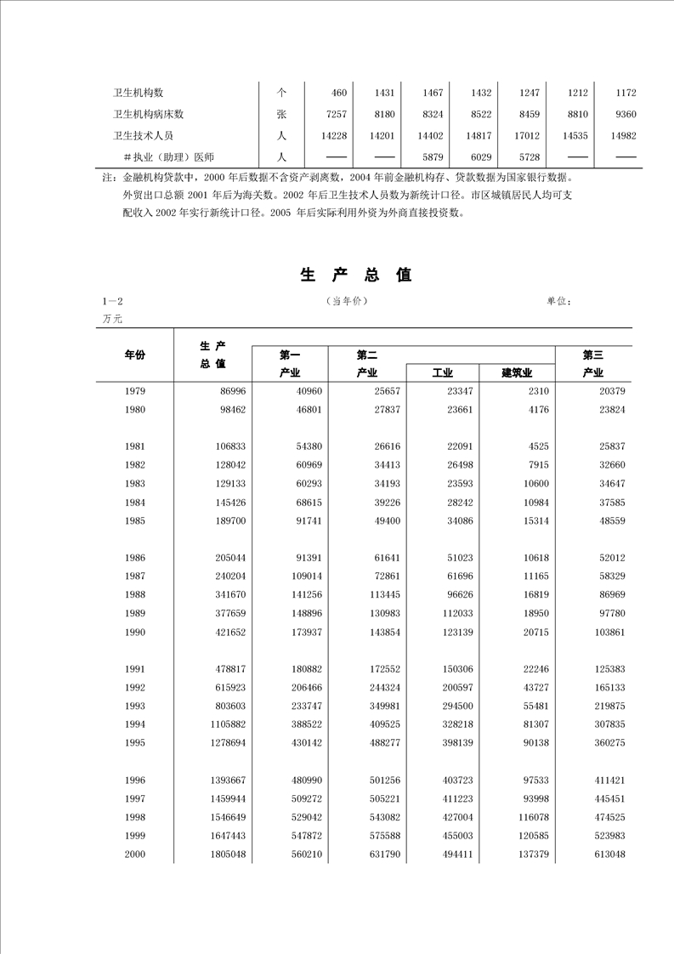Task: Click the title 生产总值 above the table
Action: pyautogui.click(x=355, y=275)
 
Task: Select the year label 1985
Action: pyautogui.click(x=134, y=520)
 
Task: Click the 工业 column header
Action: pyautogui.click(x=442, y=372)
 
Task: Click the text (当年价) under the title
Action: pyautogui.click(x=347, y=301)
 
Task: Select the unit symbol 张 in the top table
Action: pyautogui.click(x=281, y=114)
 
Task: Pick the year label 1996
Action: pyautogui.click(x=134, y=780)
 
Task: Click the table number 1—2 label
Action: pyautogui.click(x=112, y=301)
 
